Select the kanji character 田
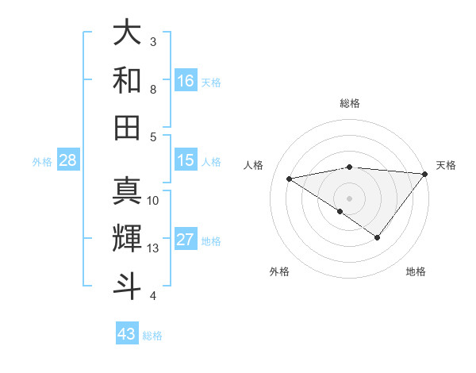pos(127,127)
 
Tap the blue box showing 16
pos(186,80)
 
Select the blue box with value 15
pos(186,160)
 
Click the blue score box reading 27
pos(186,240)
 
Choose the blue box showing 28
pos(68,161)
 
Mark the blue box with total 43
pos(127,334)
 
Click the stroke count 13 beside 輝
pos(153,248)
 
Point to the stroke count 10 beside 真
pos(153,201)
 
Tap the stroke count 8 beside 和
pos(153,90)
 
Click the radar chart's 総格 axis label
pos(349,103)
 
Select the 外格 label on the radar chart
pos(279,272)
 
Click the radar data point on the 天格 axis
pos(425,174)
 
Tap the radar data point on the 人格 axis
pos(289,178)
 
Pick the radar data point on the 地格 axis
pos(378,237)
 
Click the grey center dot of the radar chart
pos(349,198)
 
